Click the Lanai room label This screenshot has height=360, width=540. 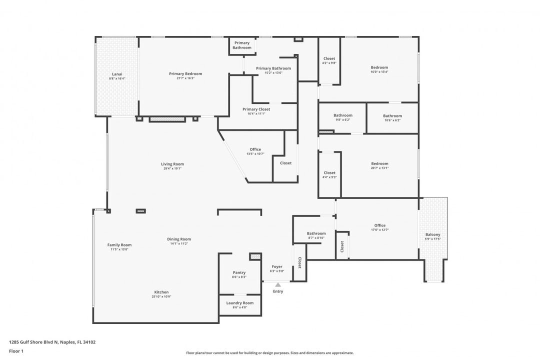117,74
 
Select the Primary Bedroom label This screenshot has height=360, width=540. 185,73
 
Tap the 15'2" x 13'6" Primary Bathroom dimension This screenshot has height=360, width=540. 273,73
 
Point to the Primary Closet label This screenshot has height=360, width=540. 256,109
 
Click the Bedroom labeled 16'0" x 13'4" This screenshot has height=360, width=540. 379,67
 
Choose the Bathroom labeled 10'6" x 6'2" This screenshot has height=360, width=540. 392,115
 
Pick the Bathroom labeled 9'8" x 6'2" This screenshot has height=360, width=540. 343,115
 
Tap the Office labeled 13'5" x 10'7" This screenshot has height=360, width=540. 255,149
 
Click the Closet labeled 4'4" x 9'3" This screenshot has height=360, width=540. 329,173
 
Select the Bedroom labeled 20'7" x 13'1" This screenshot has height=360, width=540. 379,163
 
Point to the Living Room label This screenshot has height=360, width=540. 172,164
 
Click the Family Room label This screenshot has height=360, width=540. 119,245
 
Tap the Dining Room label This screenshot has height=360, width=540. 179,239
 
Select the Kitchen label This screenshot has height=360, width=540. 161,292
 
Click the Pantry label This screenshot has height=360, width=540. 239,272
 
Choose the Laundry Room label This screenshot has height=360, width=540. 239,302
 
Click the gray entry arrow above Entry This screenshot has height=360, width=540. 277,284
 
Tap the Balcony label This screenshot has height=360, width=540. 432,234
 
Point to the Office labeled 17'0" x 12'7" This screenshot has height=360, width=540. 379,225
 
